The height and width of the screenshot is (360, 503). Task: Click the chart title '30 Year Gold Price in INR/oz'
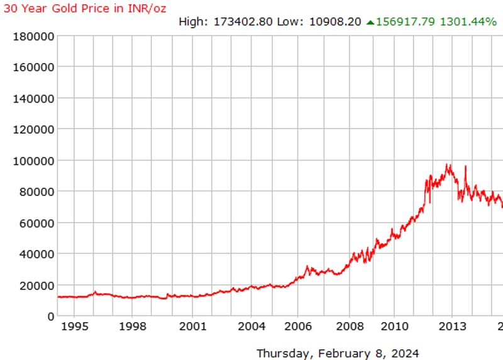(85, 8)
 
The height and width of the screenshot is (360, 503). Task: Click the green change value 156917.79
(406, 22)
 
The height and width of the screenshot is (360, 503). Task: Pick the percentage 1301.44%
(468, 22)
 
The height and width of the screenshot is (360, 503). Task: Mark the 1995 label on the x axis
(73, 327)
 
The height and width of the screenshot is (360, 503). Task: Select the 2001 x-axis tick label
(192, 327)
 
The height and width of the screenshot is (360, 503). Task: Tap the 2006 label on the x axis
(298, 327)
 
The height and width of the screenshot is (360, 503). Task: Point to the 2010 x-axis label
(394, 327)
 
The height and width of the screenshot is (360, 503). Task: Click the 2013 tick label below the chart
(452, 327)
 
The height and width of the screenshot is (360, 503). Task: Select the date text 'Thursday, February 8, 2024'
(338, 353)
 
